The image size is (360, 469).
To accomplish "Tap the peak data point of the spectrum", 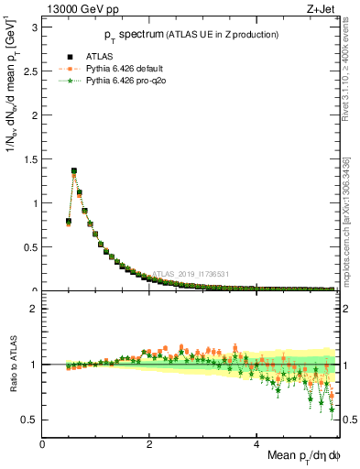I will click(74, 170).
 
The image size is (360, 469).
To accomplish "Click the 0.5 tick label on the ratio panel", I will click(31, 420).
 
